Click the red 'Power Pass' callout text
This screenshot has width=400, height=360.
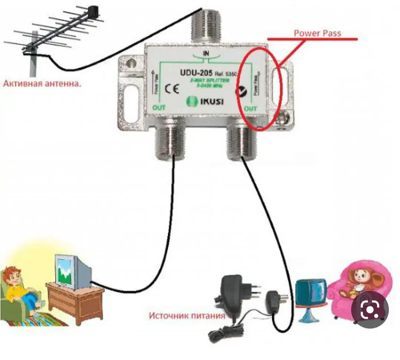click(x=317, y=33)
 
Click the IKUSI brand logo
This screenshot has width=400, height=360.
click(x=204, y=101)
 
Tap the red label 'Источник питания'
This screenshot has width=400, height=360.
click(x=187, y=316)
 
